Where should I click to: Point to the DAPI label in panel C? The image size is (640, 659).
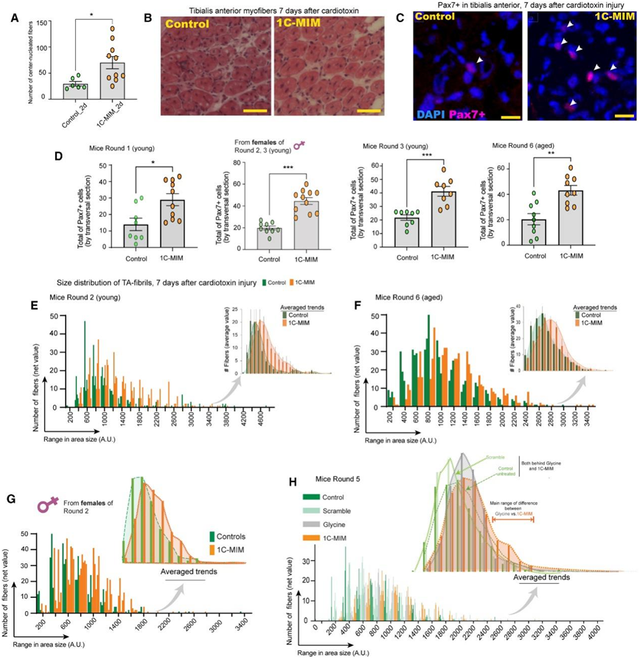tap(431, 116)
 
